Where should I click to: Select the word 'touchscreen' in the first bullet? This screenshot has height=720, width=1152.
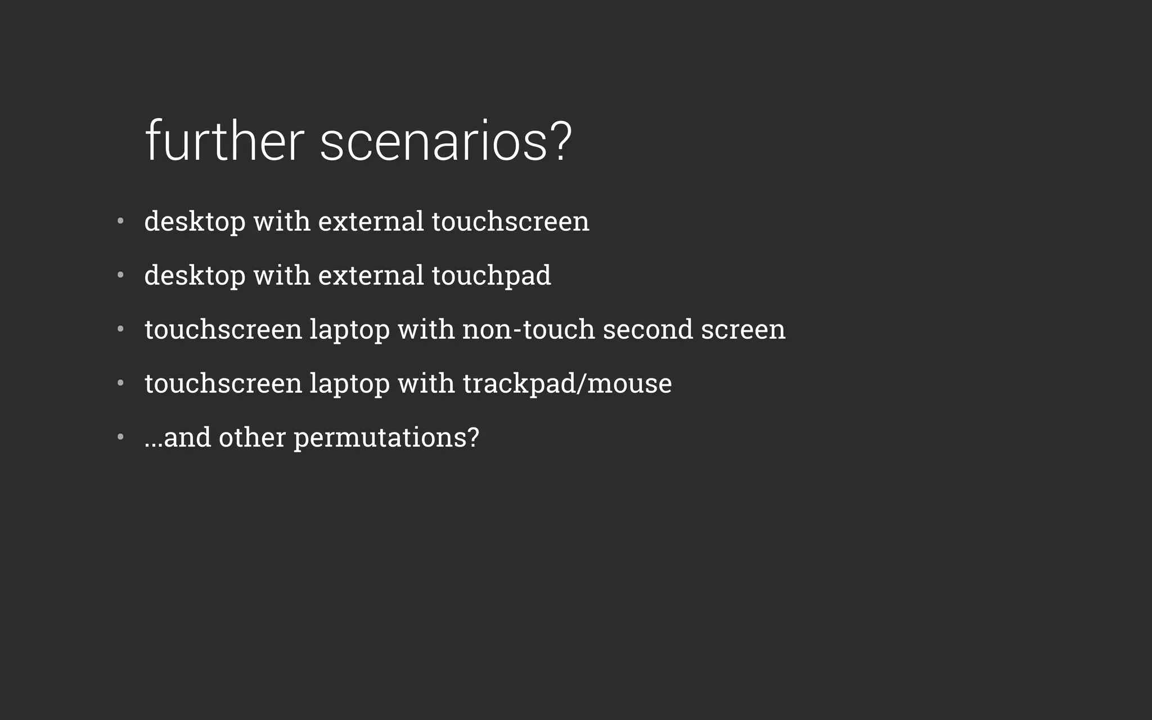tap(510, 221)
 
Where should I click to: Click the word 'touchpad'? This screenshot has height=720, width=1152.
tap(491, 276)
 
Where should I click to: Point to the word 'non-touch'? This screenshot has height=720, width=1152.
tap(528, 329)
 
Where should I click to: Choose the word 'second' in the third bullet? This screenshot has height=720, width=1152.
tap(647, 329)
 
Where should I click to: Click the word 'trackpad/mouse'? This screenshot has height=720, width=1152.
tap(567, 384)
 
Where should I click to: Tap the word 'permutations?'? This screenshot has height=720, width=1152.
tap(386, 438)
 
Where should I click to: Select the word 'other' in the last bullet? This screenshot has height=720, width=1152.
tap(252, 438)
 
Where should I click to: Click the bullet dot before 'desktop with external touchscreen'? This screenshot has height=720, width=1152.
tap(120, 221)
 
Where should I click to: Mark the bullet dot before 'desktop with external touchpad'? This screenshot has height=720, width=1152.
tap(120, 275)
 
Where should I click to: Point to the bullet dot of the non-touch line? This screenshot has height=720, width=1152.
tap(120, 329)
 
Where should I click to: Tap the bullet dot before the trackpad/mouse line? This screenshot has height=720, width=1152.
tap(120, 383)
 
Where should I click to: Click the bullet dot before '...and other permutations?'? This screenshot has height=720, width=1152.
tap(120, 437)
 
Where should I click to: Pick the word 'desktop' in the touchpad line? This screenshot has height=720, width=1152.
tap(195, 276)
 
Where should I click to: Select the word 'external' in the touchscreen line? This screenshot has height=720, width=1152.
tap(371, 221)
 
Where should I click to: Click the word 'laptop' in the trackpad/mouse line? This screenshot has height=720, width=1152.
tap(349, 384)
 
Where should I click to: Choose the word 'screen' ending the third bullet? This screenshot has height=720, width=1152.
tap(742, 329)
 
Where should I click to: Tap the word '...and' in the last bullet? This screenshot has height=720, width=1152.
tap(177, 438)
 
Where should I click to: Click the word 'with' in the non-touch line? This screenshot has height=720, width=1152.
tap(426, 329)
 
